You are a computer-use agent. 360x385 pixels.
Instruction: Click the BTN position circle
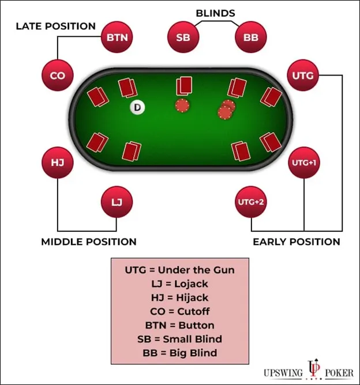tap(118, 38)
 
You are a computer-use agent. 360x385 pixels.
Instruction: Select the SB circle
tap(183, 38)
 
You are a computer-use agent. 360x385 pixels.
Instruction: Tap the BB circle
tap(252, 38)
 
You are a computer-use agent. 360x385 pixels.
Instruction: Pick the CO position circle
tap(58, 76)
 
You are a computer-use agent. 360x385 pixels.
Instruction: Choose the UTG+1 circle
tap(303, 163)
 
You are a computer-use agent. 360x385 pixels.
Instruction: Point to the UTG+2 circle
tap(252, 202)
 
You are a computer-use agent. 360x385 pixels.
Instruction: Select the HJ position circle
tap(58, 163)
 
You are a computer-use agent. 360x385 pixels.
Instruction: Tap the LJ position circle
tap(117, 202)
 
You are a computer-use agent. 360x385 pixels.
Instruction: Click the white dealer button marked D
tap(137, 107)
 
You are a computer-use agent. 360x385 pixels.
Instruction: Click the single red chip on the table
tap(182, 107)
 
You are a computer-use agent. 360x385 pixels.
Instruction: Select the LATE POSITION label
tap(55, 26)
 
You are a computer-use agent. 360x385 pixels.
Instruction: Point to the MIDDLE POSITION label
tap(89, 242)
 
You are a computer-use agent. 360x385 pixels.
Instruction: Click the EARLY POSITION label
tap(297, 242)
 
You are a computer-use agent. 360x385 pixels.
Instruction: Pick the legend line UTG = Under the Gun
tap(179, 270)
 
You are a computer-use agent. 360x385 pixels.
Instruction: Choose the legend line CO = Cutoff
tap(179, 311)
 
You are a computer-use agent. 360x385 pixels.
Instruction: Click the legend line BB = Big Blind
tap(179, 353)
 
